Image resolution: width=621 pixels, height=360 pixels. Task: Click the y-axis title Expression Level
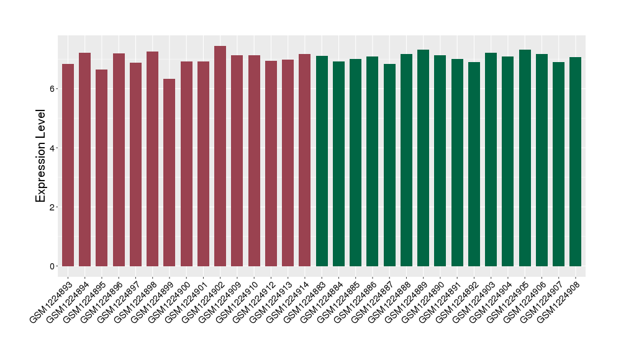point(41,156)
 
